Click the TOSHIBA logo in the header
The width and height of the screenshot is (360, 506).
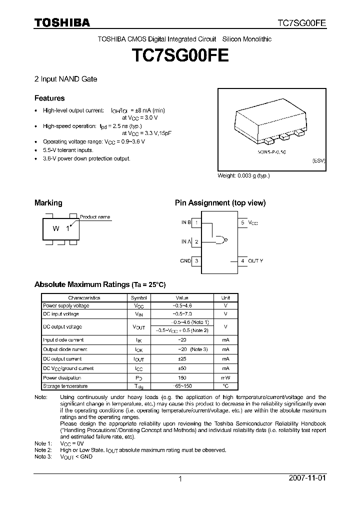click(62, 22)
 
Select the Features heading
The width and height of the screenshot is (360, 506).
click(49, 98)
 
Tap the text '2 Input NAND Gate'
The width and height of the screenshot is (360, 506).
click(65, 79)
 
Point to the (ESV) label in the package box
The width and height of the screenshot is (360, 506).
click(318, 161)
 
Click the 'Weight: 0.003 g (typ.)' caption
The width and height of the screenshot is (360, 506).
click(243, 176)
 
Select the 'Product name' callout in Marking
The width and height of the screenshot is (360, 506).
click(95, 217)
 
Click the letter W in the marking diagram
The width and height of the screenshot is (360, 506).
click(56, 228)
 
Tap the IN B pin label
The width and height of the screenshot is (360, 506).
click(186, 222)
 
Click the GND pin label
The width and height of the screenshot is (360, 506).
click(185, 260)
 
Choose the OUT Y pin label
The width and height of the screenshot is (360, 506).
click(255, 260)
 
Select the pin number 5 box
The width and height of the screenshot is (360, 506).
click(242, 222)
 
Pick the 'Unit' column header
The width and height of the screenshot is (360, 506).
click(225, 297)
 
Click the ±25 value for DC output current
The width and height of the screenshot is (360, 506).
click(182, 359)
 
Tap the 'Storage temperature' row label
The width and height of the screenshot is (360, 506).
click(65, 386)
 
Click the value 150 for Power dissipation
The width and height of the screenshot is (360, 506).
click(182, 377)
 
